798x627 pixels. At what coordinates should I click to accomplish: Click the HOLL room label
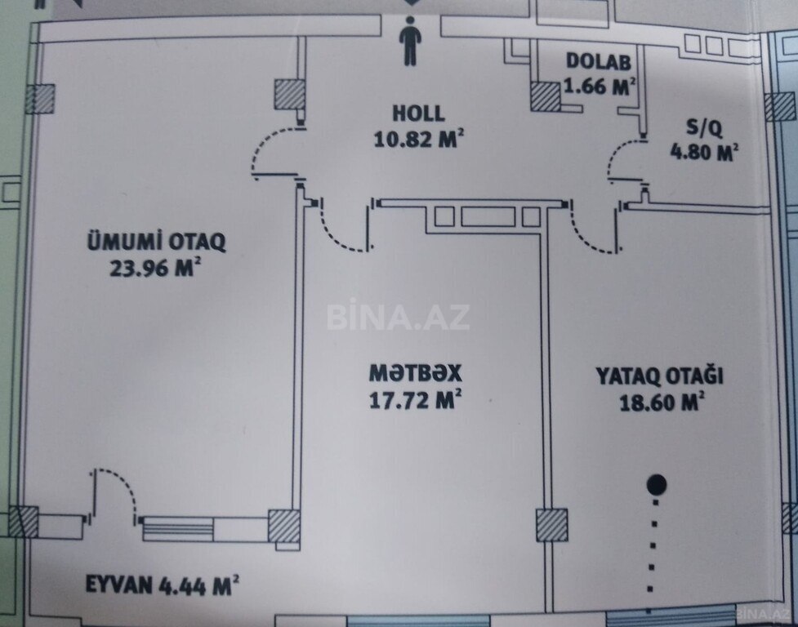pyautogui.click(x=418, y=113)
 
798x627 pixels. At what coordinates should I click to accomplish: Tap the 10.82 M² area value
pyautogui.click(x=419, y=138)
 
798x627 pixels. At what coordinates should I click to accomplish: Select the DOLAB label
pyautogui.click(x=598, y=61)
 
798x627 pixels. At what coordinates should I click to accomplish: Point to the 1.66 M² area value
pyautogui.click(x=600, y=86)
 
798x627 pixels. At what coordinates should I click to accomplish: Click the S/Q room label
pyautogui.click(x=703, y=127)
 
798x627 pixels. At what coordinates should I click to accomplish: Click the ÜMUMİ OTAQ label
pyautogui.click(x=156, y=241)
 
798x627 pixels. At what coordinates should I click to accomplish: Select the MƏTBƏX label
pyautogui.click(x=415, y=373)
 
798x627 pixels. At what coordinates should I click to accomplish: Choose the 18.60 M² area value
pyautogui.click(x=662, y=402)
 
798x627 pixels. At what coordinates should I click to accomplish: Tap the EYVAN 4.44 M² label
pyautogui.click(x=162, y=585)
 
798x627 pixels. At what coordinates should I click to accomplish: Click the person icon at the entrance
pyautogui.click(x=410, y=41)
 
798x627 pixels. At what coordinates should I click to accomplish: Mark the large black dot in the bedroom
pyautogui.click(x=657, y=485)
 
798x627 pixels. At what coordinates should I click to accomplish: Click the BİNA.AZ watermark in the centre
pyautogui.click(x=398, y=317)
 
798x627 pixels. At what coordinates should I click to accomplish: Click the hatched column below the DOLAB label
pyautogui.click(x=546, y=96)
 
